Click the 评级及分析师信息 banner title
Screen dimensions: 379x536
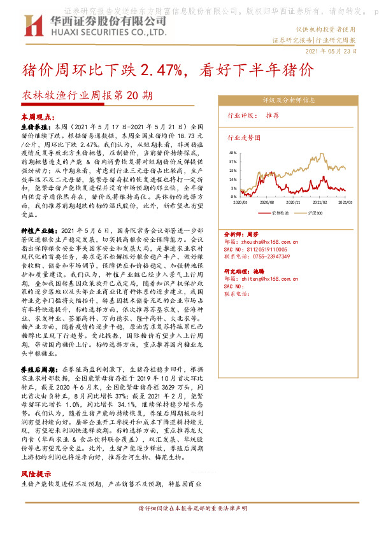pyautogui.click(x=289, y=100)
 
